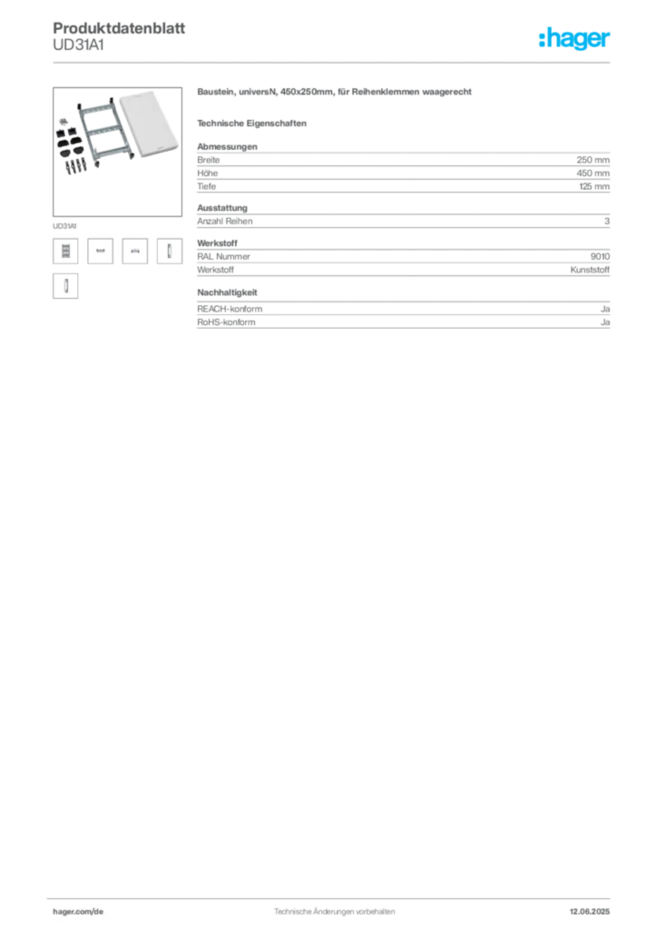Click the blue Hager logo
tap(576, 40)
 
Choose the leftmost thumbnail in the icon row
tap(64, 252)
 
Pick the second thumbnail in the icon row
tap(102, 251)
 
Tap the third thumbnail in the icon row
tap(135, 251)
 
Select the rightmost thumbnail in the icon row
tap(167, 251)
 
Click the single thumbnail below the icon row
tap(64, 287)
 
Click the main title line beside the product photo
tap(336, 94)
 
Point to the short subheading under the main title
tap(254, 123)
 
